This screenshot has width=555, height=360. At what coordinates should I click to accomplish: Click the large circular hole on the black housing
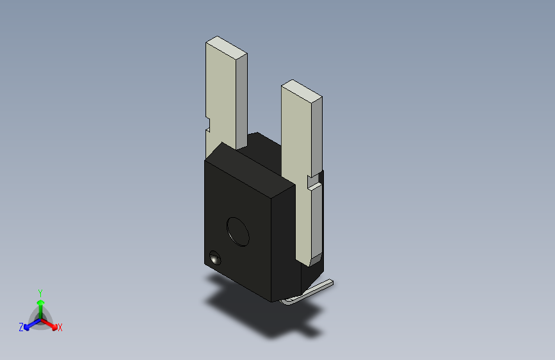pos(238,232)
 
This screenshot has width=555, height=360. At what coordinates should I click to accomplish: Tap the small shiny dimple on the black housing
pos(215,258)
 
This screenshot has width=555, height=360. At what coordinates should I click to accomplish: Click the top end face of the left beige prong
pos(227,47)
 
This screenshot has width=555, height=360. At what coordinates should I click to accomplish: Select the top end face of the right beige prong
pos(302,91)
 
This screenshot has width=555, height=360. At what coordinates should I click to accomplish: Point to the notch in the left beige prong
pos(208,124)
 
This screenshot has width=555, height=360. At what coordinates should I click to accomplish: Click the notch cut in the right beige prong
pos(314,181)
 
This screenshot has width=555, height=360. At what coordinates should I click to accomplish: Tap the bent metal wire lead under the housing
pos(308,293)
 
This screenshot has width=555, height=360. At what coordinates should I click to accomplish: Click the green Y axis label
pos(40,293)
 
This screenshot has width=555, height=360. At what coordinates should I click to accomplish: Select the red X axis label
pos(60,328)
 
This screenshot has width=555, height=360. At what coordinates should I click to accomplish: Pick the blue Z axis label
pos(21,327)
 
